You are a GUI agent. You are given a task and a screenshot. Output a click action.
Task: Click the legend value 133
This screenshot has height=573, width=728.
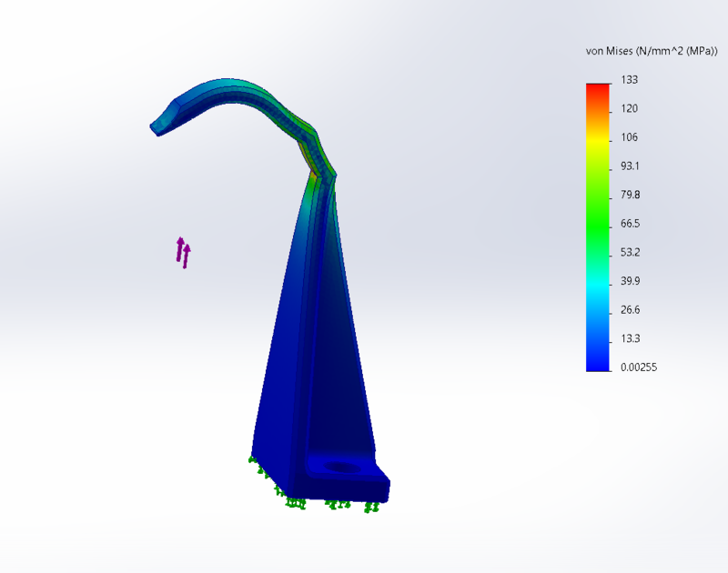coord(629,80)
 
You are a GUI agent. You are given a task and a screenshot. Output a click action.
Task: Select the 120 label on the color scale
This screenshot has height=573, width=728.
coord(629,108)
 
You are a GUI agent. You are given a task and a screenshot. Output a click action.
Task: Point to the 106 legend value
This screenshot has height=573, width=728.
coord(629,137)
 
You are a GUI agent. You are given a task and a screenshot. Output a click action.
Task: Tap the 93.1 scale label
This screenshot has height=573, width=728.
coord(630,166)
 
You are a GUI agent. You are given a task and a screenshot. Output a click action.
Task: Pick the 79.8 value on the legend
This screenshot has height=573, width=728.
coord(630,195)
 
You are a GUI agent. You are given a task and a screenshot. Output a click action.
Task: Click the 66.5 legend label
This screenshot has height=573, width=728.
coord(630,224)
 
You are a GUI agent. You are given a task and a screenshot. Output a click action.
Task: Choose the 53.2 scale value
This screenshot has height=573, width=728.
coord(630,253)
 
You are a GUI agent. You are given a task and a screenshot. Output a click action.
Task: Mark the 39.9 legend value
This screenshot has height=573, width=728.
coord(630,281)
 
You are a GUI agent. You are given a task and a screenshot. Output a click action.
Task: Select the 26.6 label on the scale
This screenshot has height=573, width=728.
coord(630,310)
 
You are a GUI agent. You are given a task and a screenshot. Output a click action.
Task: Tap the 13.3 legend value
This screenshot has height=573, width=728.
coord(630,338)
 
